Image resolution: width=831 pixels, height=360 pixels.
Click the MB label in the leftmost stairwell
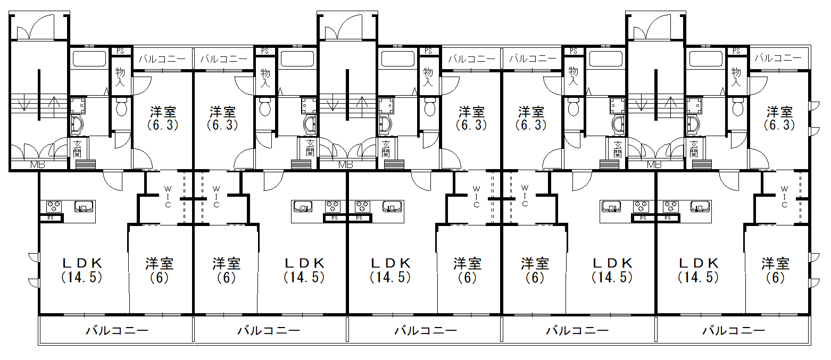click(37, 165)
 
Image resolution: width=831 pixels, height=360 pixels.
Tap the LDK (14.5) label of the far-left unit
click(82, 270)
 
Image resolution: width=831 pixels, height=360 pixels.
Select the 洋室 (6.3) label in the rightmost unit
click(779, 118)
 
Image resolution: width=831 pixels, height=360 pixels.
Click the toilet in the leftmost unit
click(121, 106)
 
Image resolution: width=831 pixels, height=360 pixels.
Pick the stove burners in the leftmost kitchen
click(54, 206)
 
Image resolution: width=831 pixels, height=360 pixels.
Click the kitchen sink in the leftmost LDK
click(82, 206)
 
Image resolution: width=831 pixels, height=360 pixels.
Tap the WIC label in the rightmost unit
click(784, 197)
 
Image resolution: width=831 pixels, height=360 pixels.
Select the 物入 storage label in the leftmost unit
click(120, 77)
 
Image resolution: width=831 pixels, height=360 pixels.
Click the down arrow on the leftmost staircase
click(24, 104)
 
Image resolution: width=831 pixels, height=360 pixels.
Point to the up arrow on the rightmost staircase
click(670, 105)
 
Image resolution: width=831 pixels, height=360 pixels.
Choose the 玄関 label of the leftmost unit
click(77, 148)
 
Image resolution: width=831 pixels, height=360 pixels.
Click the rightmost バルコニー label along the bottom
click(734, 330)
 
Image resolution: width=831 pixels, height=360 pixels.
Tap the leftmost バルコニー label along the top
click(162, 58)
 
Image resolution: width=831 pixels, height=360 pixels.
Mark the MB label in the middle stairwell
click(345, 165)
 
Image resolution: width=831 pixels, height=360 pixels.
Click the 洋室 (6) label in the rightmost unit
click(775, 270)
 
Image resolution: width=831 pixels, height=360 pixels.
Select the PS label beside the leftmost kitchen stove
click(51, 218)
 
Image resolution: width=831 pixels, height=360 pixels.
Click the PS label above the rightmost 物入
click(736, 51)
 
